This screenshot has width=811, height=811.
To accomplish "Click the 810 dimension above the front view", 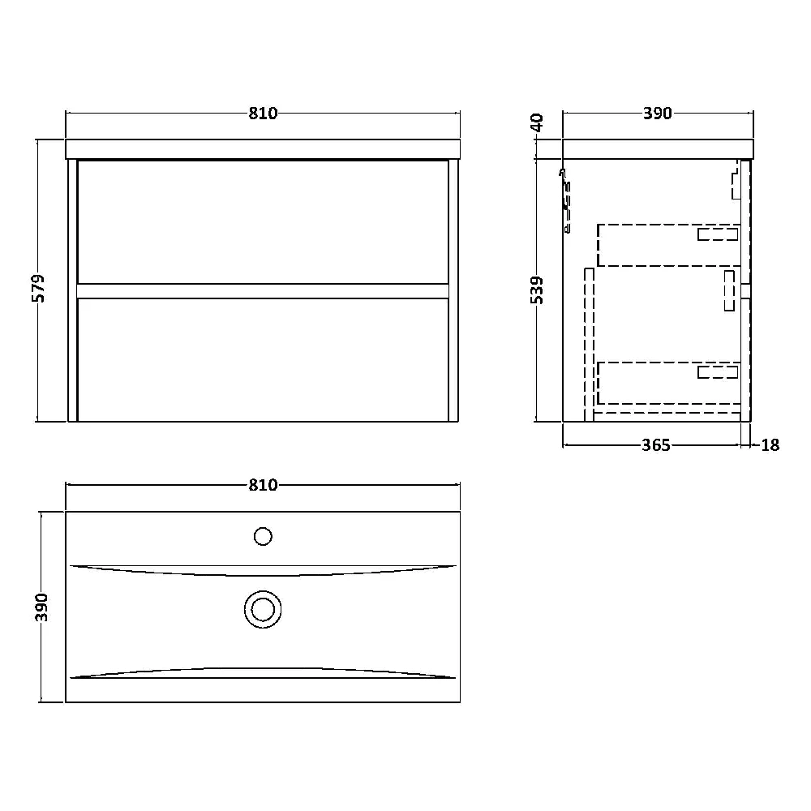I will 263,114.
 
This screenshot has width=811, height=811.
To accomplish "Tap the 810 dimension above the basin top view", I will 263,485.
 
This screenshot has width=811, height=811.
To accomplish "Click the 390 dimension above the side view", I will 658,114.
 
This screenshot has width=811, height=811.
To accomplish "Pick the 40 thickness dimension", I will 537,123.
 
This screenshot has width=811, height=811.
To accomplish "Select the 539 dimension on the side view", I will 537,290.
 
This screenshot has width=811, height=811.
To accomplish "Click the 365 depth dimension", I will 655,444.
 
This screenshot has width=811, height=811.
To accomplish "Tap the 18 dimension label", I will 770,444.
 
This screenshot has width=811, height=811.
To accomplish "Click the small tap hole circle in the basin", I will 263,536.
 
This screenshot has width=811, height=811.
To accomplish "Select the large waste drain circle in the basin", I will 263,607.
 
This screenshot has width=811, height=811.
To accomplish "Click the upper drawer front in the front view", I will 263,221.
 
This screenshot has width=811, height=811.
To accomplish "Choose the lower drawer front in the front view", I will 263,359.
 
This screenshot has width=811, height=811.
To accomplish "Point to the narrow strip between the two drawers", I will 263,290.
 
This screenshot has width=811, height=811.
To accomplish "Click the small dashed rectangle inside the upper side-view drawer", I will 718,234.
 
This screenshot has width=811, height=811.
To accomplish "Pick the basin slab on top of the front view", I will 263,148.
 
